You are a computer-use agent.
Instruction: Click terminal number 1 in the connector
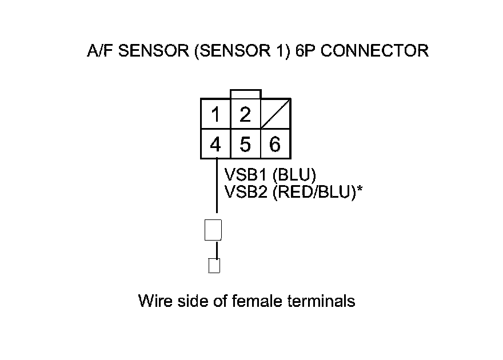pyautogui.click(x=215, y=115)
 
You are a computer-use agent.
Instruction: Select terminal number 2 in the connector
pyautogui.click(x=245, y=115)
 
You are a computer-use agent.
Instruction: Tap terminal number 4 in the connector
pyautogui.click(x=215, y=145)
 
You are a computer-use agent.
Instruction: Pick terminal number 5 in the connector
pyautogui.click(x=245, y=145)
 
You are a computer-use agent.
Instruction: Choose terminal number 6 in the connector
pyautogui.click(x=275, y=145)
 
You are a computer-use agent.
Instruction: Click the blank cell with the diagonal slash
pyautogui.click(x=276, y=114)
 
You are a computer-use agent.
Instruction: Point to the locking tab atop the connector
pyautogui.click(x=245, y=94)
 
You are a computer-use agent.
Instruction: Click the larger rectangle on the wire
pyautogui.click(x=213, y=230)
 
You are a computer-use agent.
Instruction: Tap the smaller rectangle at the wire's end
pyautogui.click(x=214, y=266)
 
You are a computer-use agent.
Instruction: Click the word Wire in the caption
pyautogui.click(x=154, y=301)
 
